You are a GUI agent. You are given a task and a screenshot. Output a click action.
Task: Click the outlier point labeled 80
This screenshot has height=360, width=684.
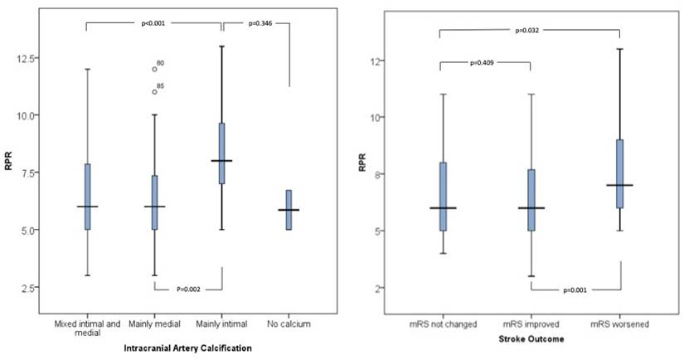coord(154,69)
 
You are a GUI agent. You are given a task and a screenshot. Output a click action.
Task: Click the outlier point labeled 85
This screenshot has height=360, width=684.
coord(154,91)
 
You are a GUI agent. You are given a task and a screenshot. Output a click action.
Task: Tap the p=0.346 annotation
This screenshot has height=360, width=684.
coord(261,24)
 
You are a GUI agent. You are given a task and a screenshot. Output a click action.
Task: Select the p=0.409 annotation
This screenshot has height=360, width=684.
coord(485,61)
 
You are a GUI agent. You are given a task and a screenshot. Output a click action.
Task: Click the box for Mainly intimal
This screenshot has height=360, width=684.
coord(221,153)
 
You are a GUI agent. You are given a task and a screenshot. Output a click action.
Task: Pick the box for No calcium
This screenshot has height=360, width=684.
coord(289,210)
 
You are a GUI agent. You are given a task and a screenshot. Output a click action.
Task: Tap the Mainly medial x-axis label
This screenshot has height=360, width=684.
coord(153,324)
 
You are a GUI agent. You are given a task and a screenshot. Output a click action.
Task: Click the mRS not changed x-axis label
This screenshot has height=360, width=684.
coord(443,324)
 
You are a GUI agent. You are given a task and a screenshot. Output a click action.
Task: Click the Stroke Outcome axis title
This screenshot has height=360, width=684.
coord(531,339)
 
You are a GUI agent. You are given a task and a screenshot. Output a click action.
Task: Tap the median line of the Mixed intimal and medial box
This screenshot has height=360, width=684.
coord(87,207)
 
